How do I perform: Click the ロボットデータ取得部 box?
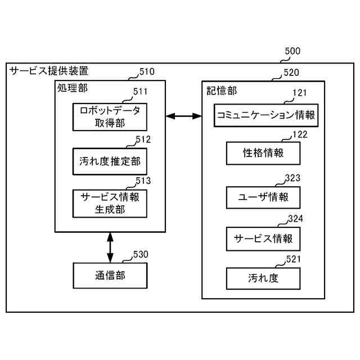tap(110, 116)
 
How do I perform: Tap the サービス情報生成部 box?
tap(110, 203)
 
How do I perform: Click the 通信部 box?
tap(110, 276)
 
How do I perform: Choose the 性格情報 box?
tap(263, 152)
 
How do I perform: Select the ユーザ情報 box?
tap(263, 197)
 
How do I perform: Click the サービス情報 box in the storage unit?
tap(263, 238)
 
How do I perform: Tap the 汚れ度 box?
tap(263, 278)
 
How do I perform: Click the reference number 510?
tap(147, 71)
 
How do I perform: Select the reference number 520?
tap(291, 71)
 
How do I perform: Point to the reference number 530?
tap(141, 254)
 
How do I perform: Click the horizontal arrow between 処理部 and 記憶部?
tap(183, 116)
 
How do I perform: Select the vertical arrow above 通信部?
tap(110, 247)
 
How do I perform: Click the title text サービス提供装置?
tap(49, 72)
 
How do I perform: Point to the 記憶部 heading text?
tap(218, 89)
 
